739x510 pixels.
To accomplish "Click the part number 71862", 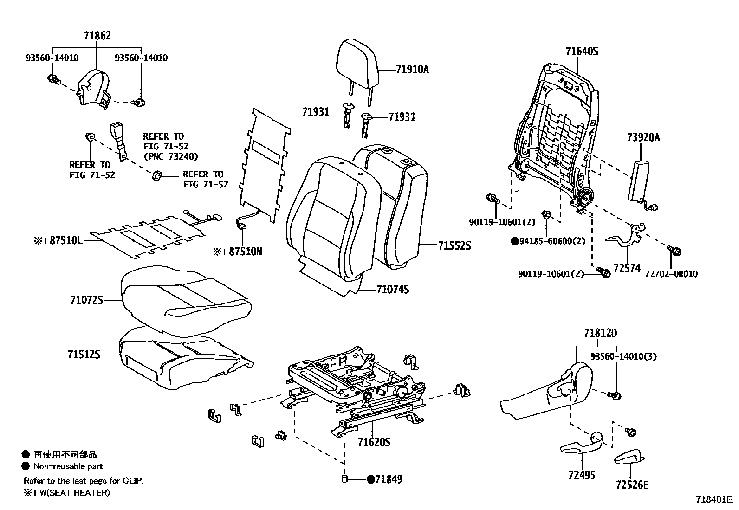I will (x=97, y=36).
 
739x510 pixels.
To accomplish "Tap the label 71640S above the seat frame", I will (x=582, y=52).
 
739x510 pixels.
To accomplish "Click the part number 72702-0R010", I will (x=671, y=274).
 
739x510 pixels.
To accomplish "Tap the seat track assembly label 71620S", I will (x=374, y=442).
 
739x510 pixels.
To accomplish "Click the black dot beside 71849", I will (x=370, y=480).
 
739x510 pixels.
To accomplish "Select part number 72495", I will (x=581, y=475).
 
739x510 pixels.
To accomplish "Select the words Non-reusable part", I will (x=68, y=466).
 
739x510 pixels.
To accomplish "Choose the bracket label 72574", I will (x=627, y=268).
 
